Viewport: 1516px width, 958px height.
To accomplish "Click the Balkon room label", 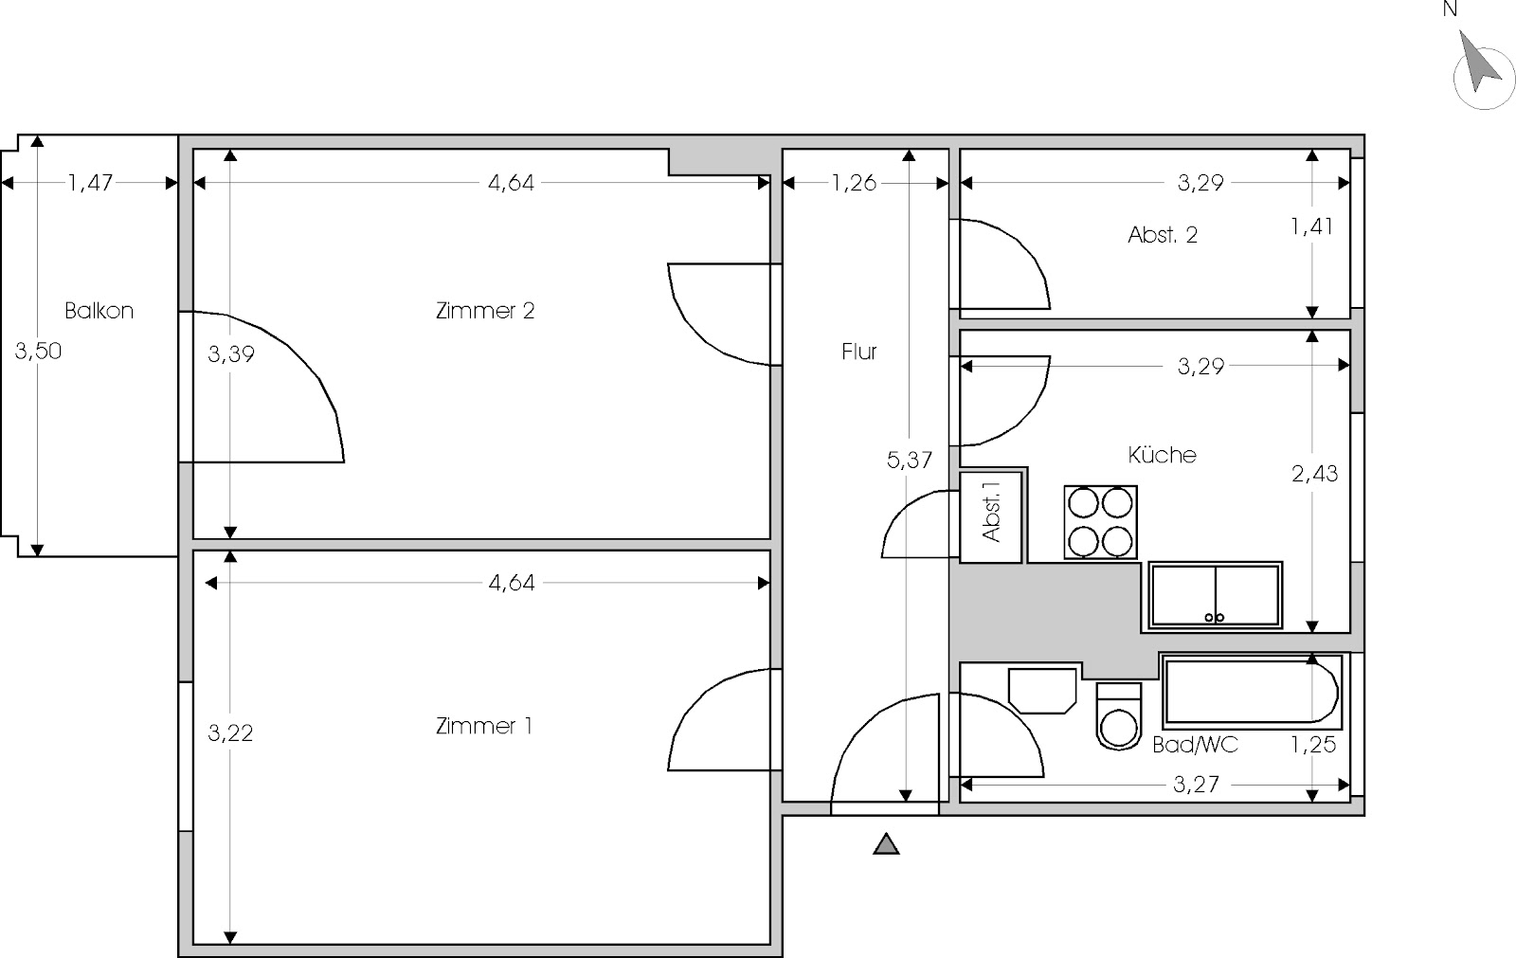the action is [99, 311].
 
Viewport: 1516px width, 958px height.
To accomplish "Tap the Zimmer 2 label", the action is [485, 311].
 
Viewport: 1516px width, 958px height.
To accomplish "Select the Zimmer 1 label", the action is [484, 726].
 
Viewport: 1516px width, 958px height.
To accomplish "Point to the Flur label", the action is [858, 352].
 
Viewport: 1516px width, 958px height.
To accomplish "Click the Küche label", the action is [1162, 454].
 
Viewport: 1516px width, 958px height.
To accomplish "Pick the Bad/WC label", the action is [1195, 745].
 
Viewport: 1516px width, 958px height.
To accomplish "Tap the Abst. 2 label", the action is [1163, 235].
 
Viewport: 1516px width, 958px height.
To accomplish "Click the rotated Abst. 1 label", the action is [991, 512].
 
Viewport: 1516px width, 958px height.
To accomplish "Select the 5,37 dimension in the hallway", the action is [910, 461].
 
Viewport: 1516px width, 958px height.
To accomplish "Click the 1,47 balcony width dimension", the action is [90, 183].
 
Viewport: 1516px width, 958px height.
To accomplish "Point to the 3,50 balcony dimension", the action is [38, 351].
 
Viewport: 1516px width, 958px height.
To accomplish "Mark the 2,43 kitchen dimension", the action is [1314, 473].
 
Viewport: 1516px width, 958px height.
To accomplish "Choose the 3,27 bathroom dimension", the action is [1196, 784].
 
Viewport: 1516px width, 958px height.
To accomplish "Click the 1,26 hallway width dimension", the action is [854, 183].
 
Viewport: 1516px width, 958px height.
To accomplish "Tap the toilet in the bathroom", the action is [1119, 716].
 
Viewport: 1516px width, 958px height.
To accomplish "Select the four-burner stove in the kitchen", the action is [1100, 522].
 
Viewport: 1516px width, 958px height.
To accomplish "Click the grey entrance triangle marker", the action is [886, 844].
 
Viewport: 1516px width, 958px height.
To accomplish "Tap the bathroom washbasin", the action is [1042, 691].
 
